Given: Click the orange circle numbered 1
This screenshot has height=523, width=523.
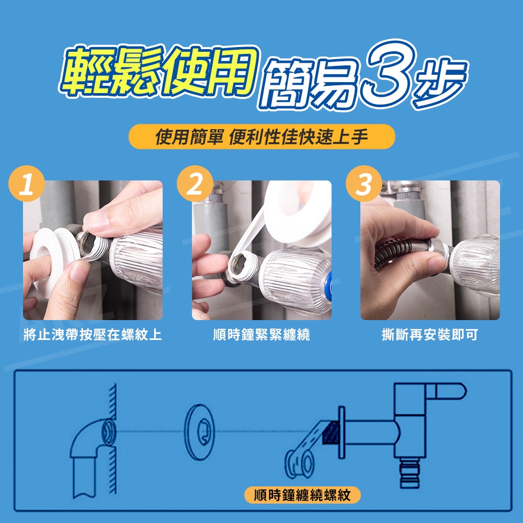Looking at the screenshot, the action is (27, 184).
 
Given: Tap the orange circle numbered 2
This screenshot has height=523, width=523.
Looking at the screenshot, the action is (195, 184).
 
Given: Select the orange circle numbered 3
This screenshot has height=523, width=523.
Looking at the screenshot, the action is (364, 184).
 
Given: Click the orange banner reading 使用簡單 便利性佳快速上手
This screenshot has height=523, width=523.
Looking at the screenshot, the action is (262, 137).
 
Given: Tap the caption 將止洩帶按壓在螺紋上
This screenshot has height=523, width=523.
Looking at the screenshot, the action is (93, 335).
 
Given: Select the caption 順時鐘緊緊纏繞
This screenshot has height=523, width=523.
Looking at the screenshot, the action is (261, 335).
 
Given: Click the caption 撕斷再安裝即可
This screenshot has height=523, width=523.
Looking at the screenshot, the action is (430, 335).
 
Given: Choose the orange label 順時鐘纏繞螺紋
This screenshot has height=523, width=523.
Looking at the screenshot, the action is (302, 495).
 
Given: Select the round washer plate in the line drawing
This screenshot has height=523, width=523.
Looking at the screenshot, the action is (199, 432).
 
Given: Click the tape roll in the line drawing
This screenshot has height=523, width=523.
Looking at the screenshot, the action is (299, 463).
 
